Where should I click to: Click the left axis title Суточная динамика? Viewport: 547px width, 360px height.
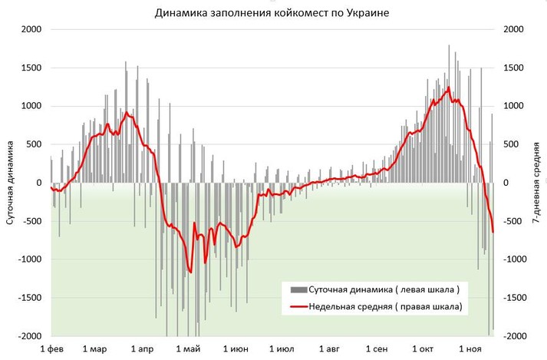click(x=10, y=183)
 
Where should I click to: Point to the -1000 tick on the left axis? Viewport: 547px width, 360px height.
click(x=28, y=259)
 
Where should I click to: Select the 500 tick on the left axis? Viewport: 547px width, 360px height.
click(x=32, y=144)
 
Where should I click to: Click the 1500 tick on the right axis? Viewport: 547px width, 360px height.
click(x=512, y=68)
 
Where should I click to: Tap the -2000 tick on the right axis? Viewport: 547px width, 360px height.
click(x=514, y=336)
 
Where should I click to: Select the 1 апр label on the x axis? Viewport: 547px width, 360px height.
click(x=143, y=349)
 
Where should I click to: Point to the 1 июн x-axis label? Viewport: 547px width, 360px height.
click(x=238, y=349)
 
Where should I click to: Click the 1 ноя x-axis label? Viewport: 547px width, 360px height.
click(x=470, y=349)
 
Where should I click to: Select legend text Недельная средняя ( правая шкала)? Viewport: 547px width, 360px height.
click(x=385, y=307)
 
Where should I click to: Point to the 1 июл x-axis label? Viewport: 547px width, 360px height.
click(x=285, y=349)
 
